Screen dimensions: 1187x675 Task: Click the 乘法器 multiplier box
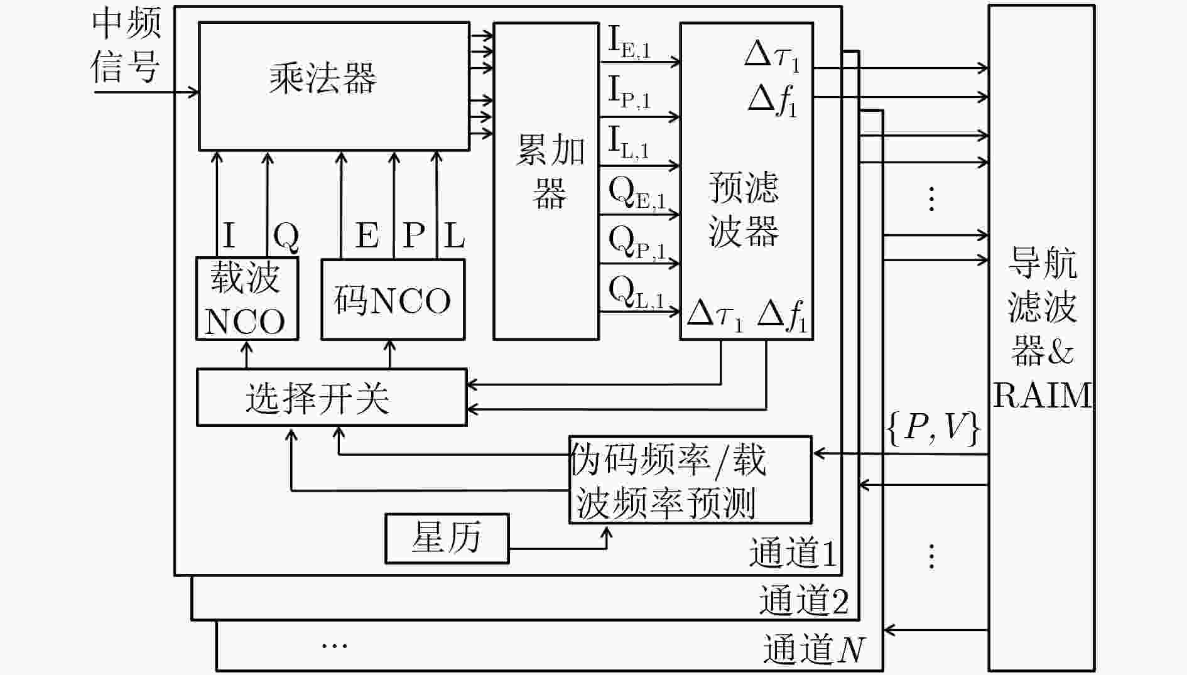tap(334, 87)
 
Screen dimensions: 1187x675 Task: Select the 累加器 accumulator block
tap(546, 181)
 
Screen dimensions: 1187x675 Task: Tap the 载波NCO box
tap(247, 299)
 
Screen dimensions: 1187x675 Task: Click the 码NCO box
tap(393, 300)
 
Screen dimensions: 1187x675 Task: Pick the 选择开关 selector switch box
tap(332, 397)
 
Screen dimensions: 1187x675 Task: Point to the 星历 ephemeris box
tap(447, 538)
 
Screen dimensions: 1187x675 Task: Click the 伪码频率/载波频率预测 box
tap(690, 480)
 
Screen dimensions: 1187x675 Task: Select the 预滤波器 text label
tap(744, 209)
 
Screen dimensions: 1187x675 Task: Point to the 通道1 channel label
tap(793, 553)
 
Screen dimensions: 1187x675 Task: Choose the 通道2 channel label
tap(804, 600)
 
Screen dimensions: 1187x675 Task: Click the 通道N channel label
tap(814, 649)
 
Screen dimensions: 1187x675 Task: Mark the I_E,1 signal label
tap(630, 42)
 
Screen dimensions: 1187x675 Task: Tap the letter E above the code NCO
tap(367, 236)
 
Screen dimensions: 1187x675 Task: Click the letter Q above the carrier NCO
tap(286, 237)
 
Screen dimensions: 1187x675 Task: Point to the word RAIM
tap(1043, 396)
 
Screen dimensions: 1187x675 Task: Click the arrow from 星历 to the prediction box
tap(558, 548)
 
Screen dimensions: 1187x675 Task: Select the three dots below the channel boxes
tap(334, 645)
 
